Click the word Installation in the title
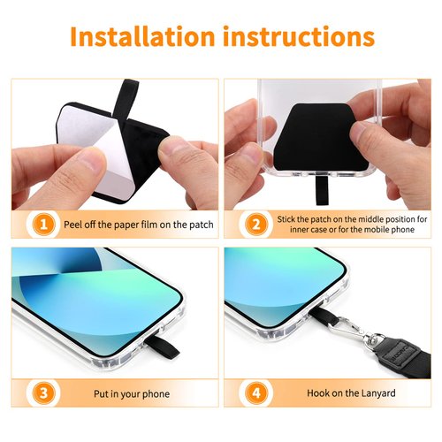tap(141, 37)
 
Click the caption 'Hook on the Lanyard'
tap(351, 393)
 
